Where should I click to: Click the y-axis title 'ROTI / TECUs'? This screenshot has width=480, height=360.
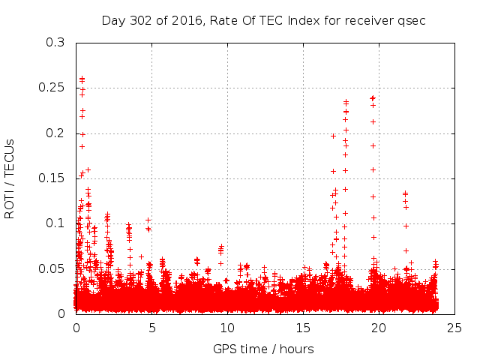pyautogui.click(x=10, y=178)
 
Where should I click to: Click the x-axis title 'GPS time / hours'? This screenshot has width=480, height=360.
pyautogui.click(x=263, y=349)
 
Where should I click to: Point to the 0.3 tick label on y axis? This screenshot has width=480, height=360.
pyautogui.click(x=55, y=43)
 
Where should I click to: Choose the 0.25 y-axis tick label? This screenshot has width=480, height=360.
pyautogui.click(x=52, y=88)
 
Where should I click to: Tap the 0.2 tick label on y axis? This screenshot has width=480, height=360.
pyautogui.click(x=55, y=133)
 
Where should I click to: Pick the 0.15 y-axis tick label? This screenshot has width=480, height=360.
pyautogui.click(x=52, y=178)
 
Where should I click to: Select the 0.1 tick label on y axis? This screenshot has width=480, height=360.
pyautogui.click(x=55, y=223)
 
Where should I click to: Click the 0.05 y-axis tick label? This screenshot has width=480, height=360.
pyautogui.click(x=52, y=268)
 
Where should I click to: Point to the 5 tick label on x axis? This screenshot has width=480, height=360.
pyautogui.click(x=151, y=328)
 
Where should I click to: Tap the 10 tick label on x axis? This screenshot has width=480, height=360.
pyautogui.click(x=226, y=328)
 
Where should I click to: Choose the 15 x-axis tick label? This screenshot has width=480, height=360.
pyautogui.click(x=302, y=328)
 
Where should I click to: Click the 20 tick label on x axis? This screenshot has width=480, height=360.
pyautogui.click(x=378, y=328)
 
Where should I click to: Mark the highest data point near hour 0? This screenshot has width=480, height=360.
pyautogui.click(x=82, y=78)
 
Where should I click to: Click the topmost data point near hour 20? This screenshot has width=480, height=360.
pyautogui.click(x=373, y=97)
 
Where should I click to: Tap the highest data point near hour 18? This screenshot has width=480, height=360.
pyautogui.click(x=346, y=101)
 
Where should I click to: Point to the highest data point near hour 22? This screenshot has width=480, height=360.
pyautogui.click(x=406, y=193)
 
